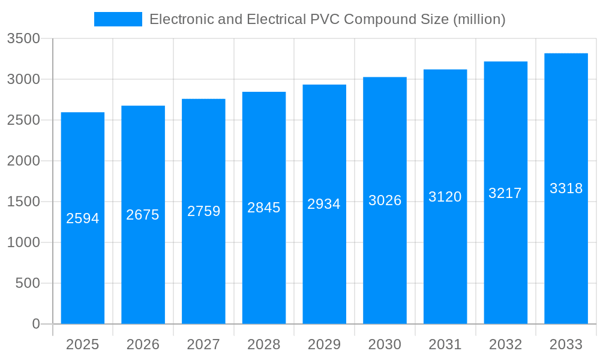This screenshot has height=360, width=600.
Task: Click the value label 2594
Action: (x=83, y=218)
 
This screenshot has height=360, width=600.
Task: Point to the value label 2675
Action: (x=143, y=215)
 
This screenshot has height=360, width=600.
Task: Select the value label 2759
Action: (x=204, y=211)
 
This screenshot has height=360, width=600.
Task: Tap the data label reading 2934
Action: (x=324, y=204)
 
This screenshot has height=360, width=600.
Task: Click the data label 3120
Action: (x=445, y=197)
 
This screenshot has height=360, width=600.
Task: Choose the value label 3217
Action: (x=505, y=193)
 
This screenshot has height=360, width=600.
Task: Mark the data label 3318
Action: (x=566, y=188)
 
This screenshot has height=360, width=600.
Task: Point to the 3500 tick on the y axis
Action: (x=23, y=39)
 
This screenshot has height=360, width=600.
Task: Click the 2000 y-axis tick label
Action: (x=23, y=161)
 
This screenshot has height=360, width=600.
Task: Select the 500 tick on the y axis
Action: (x=28, y=283)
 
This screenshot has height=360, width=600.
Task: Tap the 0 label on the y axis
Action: (x=35, y=324)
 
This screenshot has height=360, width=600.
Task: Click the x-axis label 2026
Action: (x=143, y=344)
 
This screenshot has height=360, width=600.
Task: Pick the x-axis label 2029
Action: (x=324, y=344)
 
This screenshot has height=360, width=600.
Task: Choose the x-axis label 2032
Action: (x=505, y=344)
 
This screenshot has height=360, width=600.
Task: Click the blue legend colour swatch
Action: (x=118, y=19)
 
